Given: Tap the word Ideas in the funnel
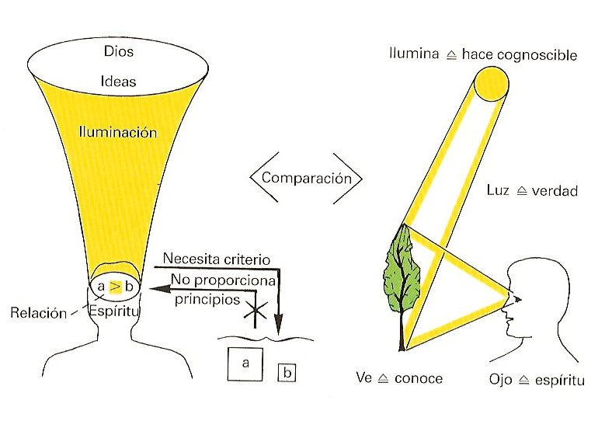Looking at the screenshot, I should (x=117, y=81).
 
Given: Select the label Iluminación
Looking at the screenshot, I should (x=117, y=133).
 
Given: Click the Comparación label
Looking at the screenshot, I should (x=306, y=177).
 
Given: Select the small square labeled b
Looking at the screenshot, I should (x=287, y=372).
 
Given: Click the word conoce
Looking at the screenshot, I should (x=418, y=379).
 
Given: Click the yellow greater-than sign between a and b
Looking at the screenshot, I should (x=115, y=287).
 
